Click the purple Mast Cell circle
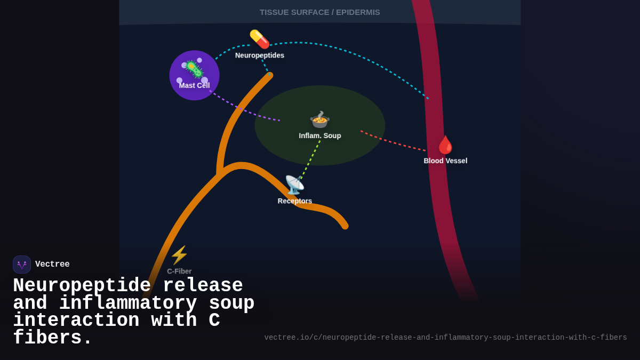pyautogui.click(x=194, y=75)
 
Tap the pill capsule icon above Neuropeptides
pyautogui.click(x=259, y=39)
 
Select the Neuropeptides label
pyautogui.click(x=260, y=55)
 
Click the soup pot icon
pyautogui.click(x=319, y=119)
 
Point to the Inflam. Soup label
pyautogui.click(x=319, y=136)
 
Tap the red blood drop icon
pyautogui.click(x=445, y=145)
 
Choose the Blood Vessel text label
pyautogui.click(x=445, y=161)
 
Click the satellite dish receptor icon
pyautogui.click(x=294, y=185)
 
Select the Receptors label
pyautogui.click(x=294, y=201)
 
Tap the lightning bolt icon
pyautogui.click(x=179, y=255)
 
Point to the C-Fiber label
pyautogui.click(x=179, y=271)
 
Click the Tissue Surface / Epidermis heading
pyautogui.click(x=319, y=12)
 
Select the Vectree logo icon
pyautogui.click(x=22, y=265)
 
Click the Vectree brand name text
pyautogui.click(x=52, y=265)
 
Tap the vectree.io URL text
pyautogui.click(x=445, y=338)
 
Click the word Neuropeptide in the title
pyautogui.click(x=82, y=286)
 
